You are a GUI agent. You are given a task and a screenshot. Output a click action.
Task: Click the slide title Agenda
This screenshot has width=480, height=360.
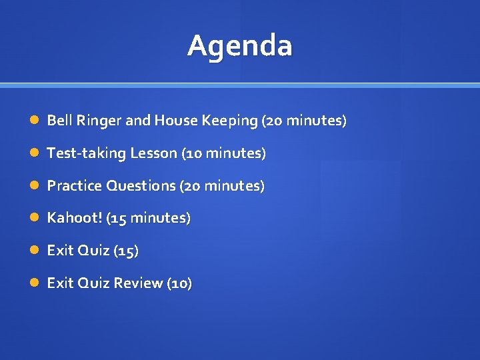tap(239, 46)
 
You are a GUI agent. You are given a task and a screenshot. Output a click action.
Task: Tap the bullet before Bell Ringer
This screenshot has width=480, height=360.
tap(34, 121)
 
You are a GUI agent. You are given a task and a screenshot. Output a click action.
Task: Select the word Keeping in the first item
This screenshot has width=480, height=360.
tap(233, 121)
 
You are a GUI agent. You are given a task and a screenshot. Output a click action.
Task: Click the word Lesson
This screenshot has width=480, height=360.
tap(153, 153)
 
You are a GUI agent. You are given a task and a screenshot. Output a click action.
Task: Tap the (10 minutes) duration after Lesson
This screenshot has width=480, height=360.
tap(223, 153)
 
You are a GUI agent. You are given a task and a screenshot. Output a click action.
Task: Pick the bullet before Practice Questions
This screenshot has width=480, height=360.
tap(34, 186)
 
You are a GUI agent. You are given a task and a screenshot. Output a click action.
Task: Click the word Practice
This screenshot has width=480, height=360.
tap(73, 186)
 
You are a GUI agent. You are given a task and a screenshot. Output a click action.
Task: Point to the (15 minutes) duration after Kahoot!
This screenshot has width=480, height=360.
tap(148, 218)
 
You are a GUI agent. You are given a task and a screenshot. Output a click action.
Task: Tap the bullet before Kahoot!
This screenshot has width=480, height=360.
tap(34, 218)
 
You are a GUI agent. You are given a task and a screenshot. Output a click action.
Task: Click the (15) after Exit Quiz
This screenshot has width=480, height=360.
tap(126, 251)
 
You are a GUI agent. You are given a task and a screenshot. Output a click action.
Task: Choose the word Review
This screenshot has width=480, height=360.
tap(138, 283)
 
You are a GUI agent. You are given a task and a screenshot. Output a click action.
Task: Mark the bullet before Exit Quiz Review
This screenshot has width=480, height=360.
tap(34, 283)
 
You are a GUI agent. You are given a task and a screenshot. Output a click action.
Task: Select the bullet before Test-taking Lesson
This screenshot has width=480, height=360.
tap(34, 153)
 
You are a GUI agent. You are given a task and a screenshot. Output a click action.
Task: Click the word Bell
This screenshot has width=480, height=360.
tap(59, 121)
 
